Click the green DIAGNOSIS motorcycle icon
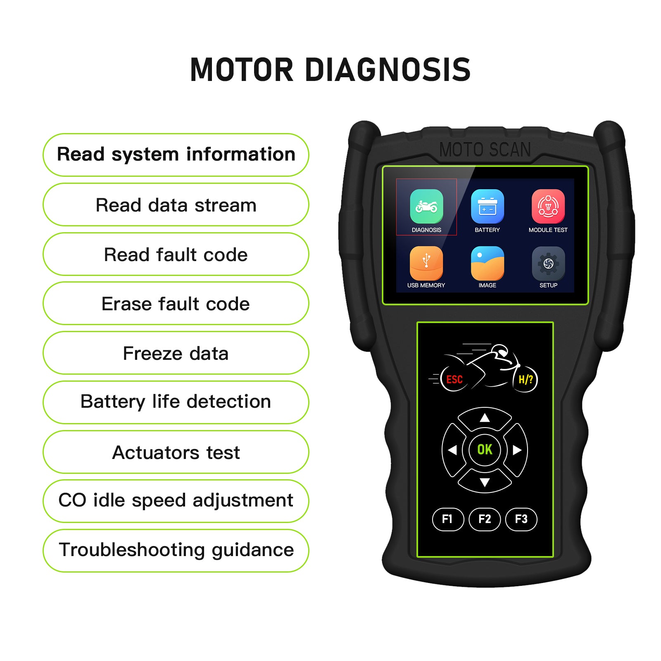tap(426, 206)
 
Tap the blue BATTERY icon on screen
tap(487, 206)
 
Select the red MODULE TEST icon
tap(548, 206)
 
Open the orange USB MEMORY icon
tap(426, 263)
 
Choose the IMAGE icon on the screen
tap(487, 263)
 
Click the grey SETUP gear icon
tap(548, 263)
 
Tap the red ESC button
tap(454, 379)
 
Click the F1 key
tap(448, 519)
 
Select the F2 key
tap(485, 519)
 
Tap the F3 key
tap(521, 519)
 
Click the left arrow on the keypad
tap(453, 450)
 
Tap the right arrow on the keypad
tap(517, 450)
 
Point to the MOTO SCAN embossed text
tap(485, 150)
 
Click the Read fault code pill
tap(176, 254)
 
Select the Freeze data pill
tap(176, 353)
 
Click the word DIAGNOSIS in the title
tap(388, 69)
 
